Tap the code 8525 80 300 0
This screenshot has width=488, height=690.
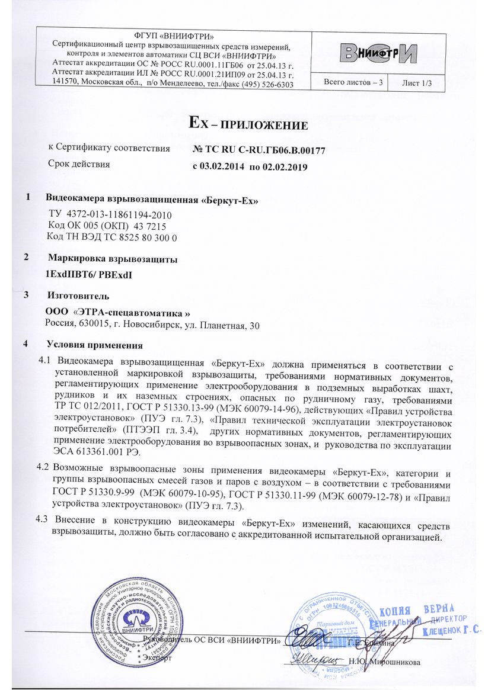pos(151,237)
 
